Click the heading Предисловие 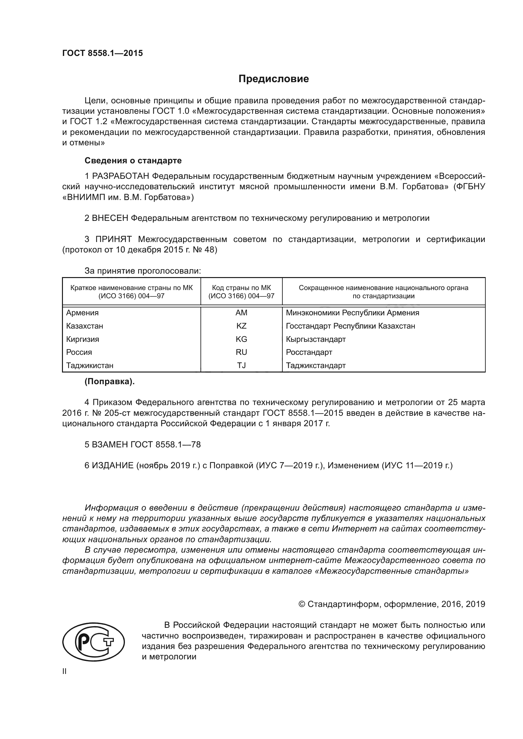[x=274, y=79]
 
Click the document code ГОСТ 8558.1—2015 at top [x=102, y=53]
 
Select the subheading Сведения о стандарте [x=133, y=160]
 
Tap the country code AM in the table [x=241, y=312]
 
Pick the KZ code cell [x=241, y=326]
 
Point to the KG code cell [x=241, y=339]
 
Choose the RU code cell [x=241, y=352]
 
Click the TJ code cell [x=241, y=365]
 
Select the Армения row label [x=83, y=312]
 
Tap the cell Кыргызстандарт [x=316, y=339]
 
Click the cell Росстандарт [x=309, y=352]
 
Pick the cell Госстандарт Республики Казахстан [x=350, y=326]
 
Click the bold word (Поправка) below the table [x=109, y=381]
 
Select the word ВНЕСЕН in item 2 [x=110, y=218]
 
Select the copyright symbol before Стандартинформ [x=302, y=604]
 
